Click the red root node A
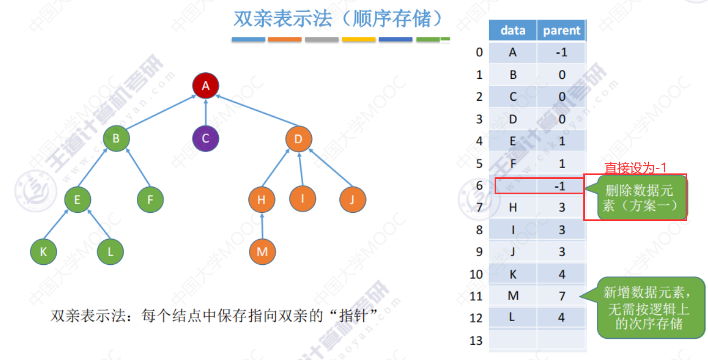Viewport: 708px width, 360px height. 206,85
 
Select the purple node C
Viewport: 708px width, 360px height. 206,138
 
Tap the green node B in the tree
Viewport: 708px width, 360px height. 116,138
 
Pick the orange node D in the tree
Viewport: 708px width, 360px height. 298,138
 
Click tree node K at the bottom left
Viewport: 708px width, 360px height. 43,252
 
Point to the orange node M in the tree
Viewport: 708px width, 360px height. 262,252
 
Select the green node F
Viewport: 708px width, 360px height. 150,200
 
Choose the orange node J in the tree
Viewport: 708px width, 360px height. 352,200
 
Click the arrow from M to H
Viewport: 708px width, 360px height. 262,226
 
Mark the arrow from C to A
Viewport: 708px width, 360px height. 206,112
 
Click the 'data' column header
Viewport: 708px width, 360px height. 513,31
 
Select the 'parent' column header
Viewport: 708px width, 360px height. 561,31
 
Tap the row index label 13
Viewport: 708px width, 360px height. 476,340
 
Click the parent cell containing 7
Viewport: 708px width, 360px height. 561,296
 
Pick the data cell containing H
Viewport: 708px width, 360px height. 513,207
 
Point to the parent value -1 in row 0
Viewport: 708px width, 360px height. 561,53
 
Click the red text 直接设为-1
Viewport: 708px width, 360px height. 636,167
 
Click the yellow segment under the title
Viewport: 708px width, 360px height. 358,39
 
